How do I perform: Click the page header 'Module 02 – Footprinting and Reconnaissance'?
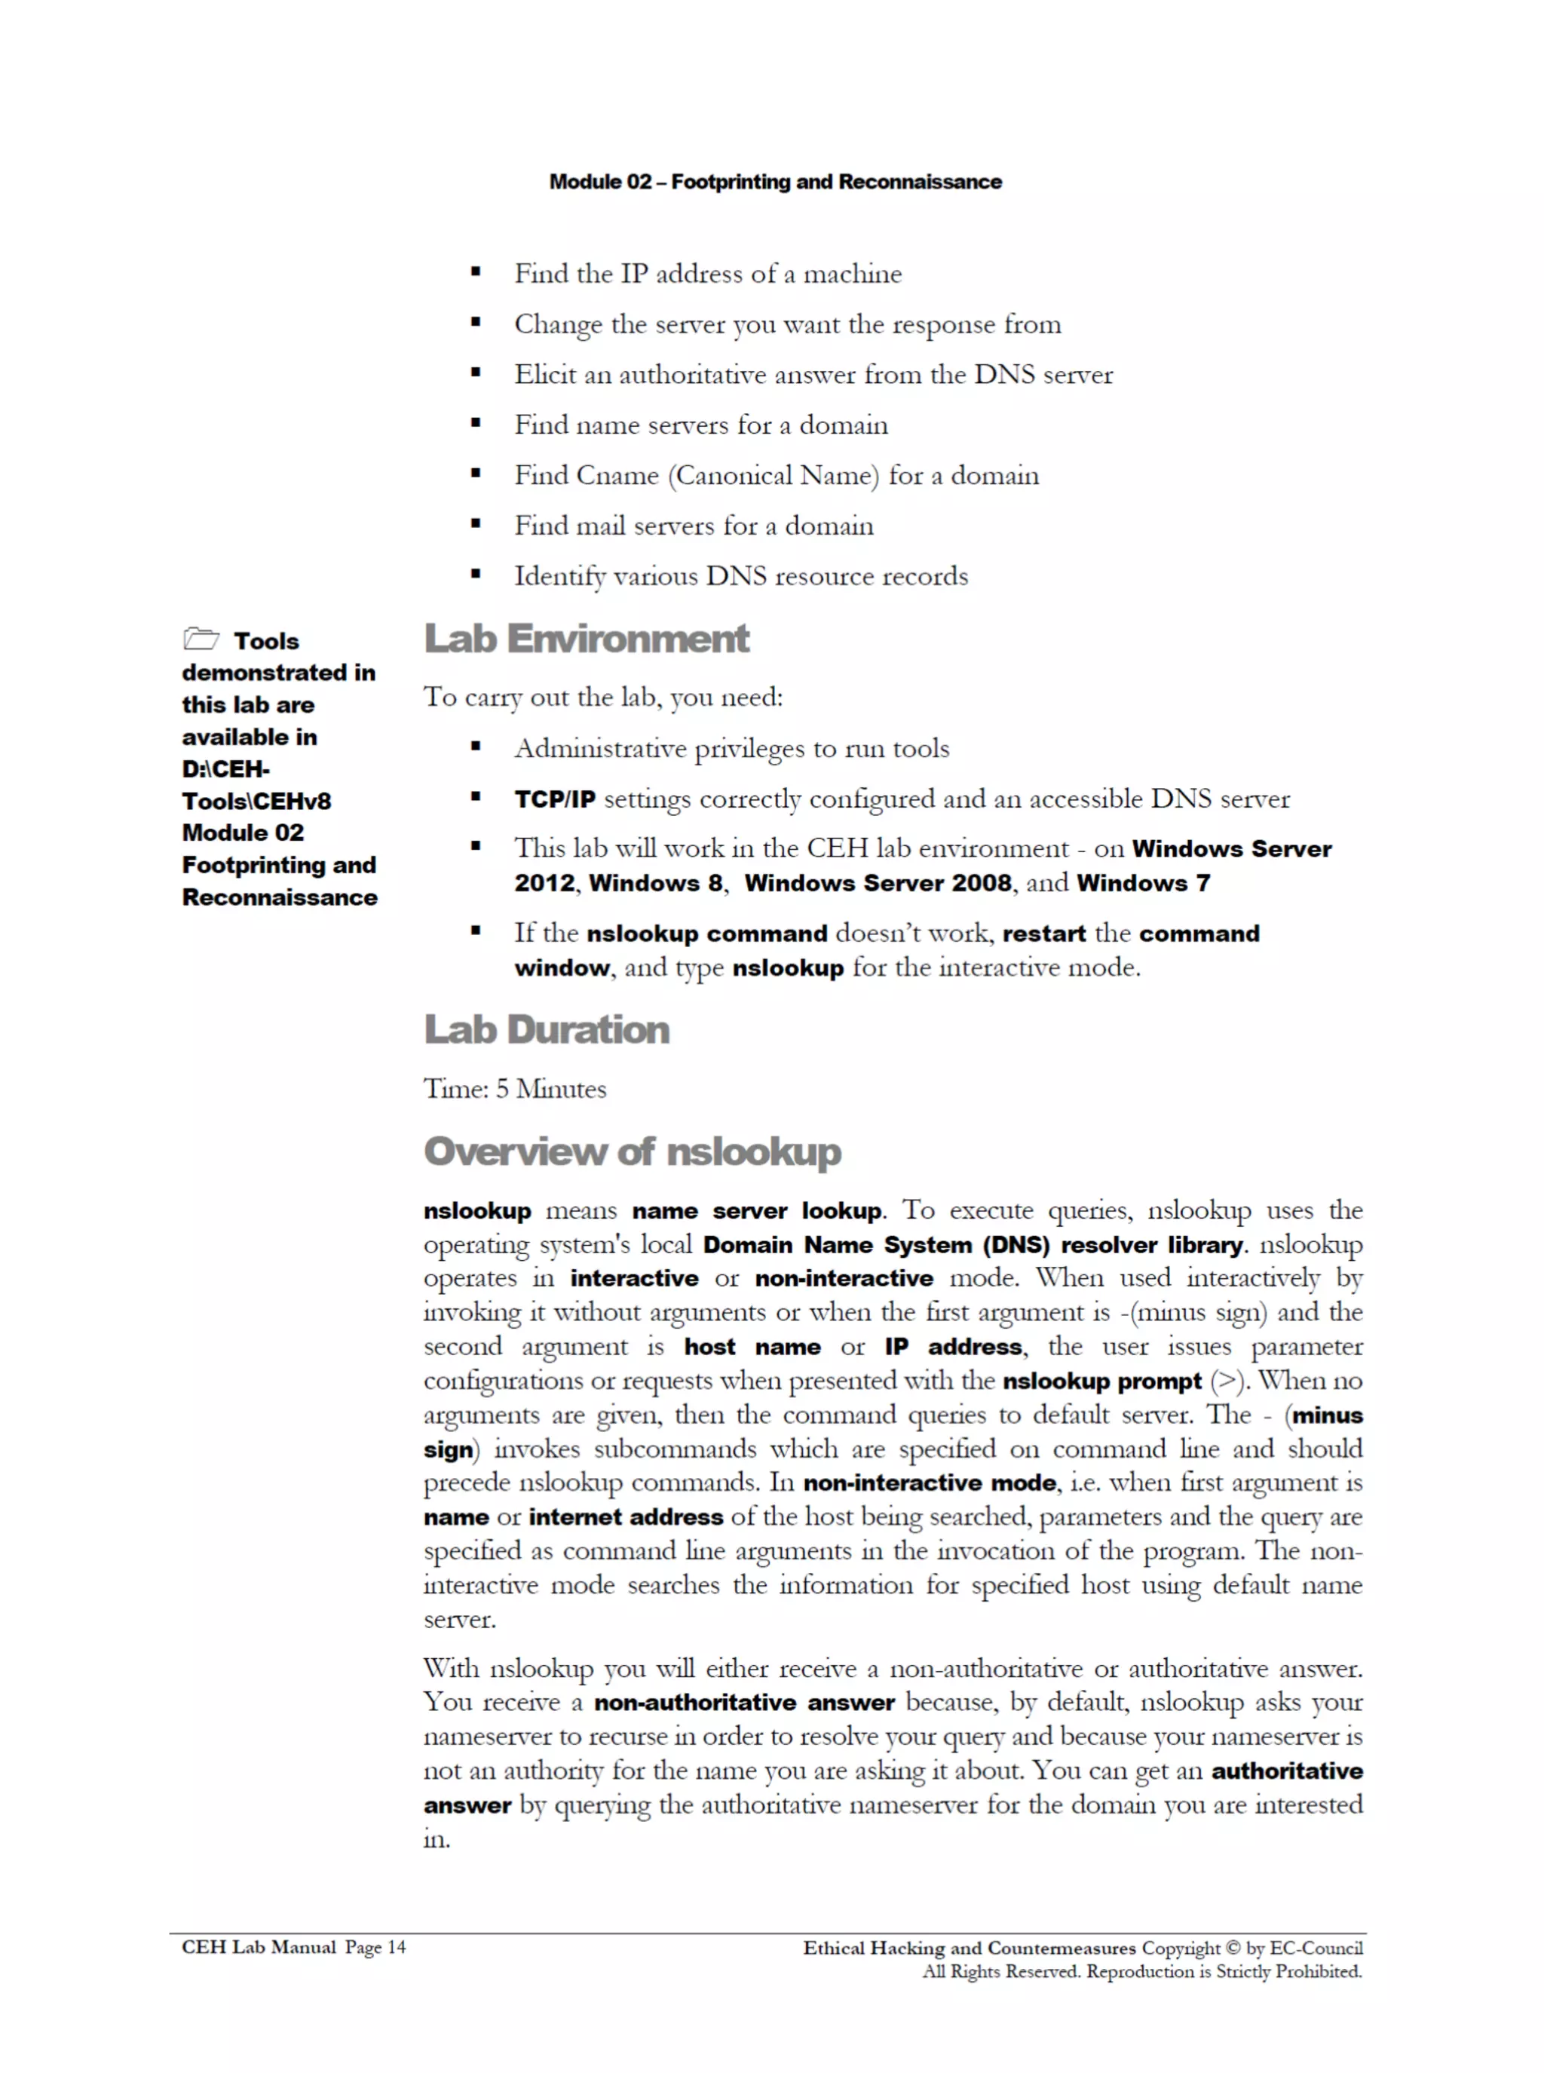point(775,181)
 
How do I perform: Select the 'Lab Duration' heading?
point(547,1030)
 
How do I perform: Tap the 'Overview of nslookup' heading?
point(632,1151)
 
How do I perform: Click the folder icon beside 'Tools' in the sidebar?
point(201,639)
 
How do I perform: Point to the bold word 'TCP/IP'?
point(554,799)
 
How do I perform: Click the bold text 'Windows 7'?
point(1142,883)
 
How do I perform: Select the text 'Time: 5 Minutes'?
point(515,1089)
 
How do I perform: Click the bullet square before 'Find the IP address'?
point(476,273)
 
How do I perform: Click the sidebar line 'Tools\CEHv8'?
point(256,801)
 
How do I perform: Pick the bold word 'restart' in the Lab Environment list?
point(1044,934)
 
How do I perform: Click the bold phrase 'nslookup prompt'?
point(1101,1381)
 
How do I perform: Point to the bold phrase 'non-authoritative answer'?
point(744,1703)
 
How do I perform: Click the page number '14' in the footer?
point(397,1948)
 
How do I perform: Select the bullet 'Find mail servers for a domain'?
point(694,526)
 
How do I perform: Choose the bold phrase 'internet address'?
point(625,1517)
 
